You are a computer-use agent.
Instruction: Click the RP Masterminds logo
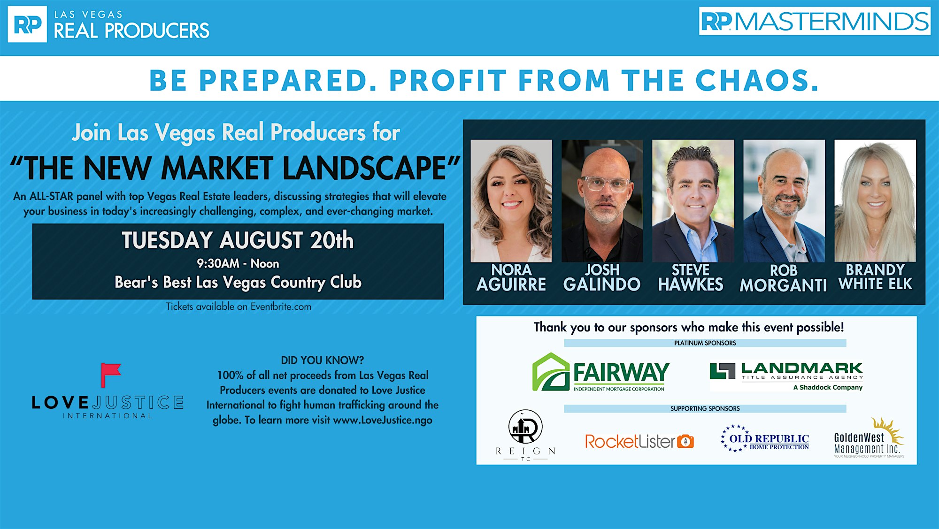coord(815,21)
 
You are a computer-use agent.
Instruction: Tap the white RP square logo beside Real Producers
coord(27,24)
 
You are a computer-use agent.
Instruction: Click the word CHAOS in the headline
coord(757,80)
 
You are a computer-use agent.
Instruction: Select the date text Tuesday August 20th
coord(238,240)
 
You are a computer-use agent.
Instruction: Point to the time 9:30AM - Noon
coord(238,263)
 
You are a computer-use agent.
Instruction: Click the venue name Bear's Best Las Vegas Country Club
coord(238,282)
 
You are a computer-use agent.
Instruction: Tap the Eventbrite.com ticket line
coord(239,307)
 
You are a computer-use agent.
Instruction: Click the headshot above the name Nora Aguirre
coord(511,201)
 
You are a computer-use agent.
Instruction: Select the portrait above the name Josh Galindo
coord(602,201)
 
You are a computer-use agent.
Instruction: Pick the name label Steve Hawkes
coord(691,277)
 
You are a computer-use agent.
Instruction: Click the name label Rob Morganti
coord(783,278)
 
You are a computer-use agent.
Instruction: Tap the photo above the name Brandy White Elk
coord(875,201)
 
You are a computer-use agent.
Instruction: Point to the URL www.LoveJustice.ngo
coord(383,420)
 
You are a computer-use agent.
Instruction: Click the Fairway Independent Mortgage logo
coord(600,372)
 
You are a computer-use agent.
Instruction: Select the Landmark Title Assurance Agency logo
coord(786,376)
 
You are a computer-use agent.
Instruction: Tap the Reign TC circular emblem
coord(525,427)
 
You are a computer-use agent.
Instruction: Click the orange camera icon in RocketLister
coord(685,441)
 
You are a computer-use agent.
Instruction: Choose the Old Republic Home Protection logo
coord(765,438)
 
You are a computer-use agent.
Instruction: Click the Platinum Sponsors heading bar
coord(705,343)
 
